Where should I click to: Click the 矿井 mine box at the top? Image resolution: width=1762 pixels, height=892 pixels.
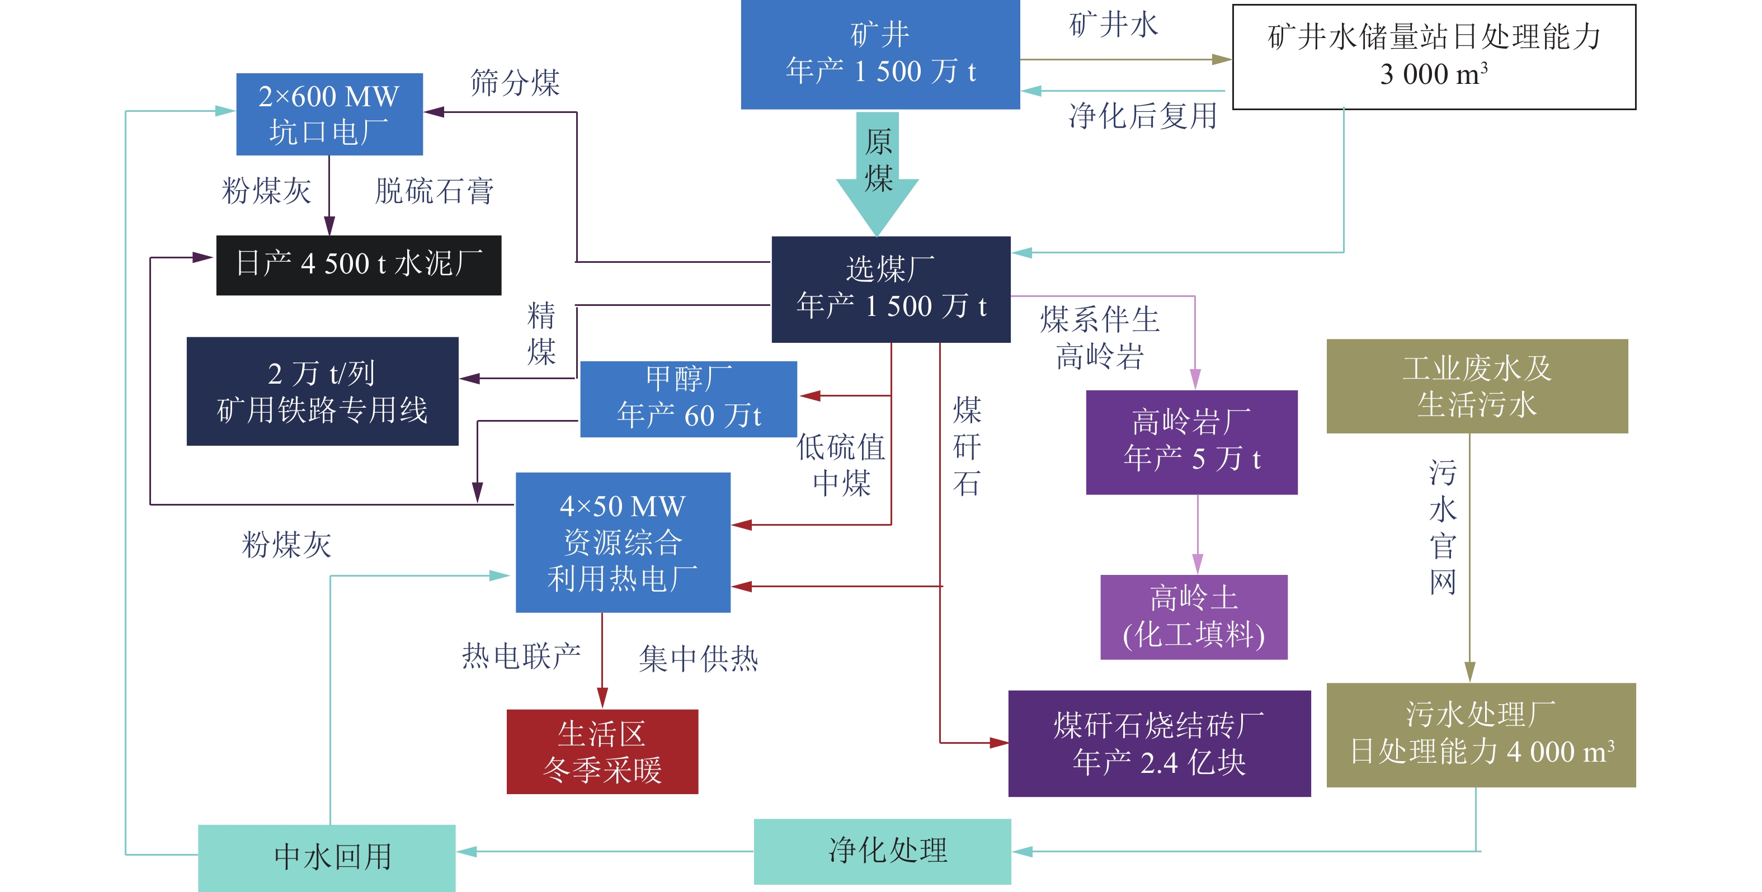click(880, 53)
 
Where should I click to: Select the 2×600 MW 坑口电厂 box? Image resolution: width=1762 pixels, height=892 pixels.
click(329, 114)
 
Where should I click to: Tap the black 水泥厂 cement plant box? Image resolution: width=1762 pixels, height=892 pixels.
click(359, 265)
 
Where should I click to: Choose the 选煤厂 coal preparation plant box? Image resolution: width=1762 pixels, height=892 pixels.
click(891, 289)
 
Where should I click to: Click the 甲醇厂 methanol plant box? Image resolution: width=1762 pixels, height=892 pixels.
click(688, 399)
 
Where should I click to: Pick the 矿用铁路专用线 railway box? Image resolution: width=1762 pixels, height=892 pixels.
click(322, 391)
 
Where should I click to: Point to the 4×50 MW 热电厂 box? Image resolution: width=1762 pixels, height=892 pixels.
click(623, 542)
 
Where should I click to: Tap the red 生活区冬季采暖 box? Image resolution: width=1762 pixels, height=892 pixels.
click(602, 751)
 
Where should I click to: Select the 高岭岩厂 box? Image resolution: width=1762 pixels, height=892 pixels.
click(1191, 442)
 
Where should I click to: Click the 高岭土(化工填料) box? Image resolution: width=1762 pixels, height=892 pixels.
click(1194, 617)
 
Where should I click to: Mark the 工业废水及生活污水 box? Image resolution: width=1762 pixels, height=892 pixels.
click(1477, 386)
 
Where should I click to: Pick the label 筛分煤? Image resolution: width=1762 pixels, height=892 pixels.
click(515, 83)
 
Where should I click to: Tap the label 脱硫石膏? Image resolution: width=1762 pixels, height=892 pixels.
click(434, 191)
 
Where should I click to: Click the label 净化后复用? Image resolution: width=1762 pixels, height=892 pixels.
click(1143, 116)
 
